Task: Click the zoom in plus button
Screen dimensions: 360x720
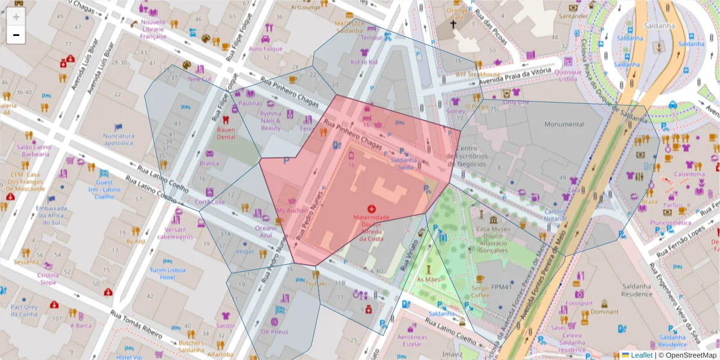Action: click(16, 16)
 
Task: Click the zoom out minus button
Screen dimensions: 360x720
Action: click(16, 35)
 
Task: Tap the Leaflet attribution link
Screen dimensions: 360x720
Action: click(641, 355)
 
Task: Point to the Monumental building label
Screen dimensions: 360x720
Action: click(563, 124)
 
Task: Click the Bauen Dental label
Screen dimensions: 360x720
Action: click(226, 133)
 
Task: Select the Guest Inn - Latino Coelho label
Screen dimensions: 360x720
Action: click(104, 189)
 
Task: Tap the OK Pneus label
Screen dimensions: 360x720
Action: click(274, 331)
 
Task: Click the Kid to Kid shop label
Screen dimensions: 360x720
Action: click(364, 62)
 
